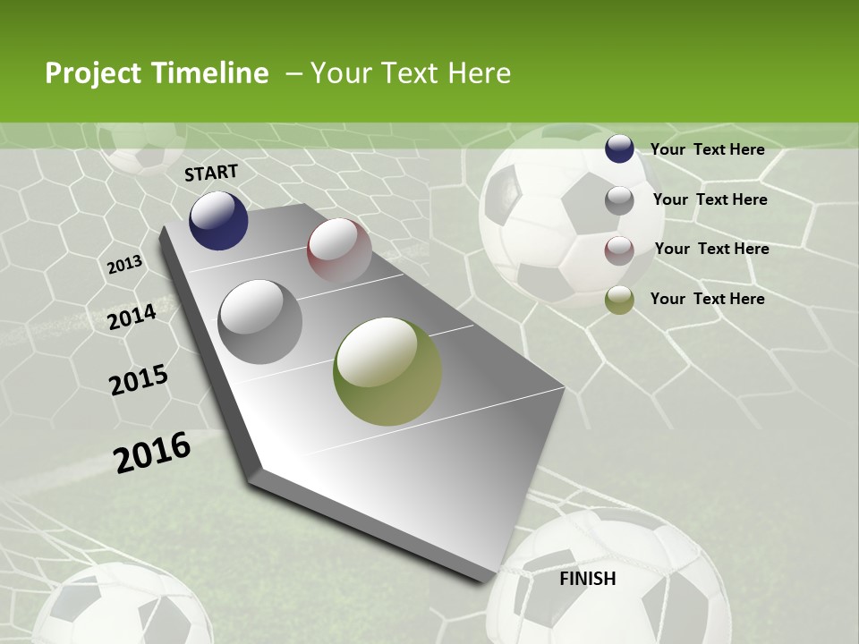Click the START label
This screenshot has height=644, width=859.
(211, 173)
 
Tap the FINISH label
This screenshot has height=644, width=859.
(588, 579)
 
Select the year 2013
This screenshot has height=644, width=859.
(125, 265)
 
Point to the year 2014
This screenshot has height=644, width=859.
(132, 317)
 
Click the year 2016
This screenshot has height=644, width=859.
(152, 452)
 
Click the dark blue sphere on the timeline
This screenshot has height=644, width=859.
(218, 220)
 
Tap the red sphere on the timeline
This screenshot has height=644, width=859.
(339, 250)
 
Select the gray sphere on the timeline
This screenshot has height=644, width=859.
(260, 321)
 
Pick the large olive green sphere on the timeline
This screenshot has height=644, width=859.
(387, 371)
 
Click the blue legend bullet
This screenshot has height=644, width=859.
(619, 149)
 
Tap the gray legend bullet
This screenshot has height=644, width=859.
(619, 200)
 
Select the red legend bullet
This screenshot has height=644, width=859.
(619, 250)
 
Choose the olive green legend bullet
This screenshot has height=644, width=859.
(619, 300)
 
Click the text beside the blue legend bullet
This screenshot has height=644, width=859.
(707, 150)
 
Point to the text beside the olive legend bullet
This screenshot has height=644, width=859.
(707, 299)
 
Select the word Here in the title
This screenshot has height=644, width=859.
(479, 73)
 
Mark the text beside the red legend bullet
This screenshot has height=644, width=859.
(711, 249)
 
